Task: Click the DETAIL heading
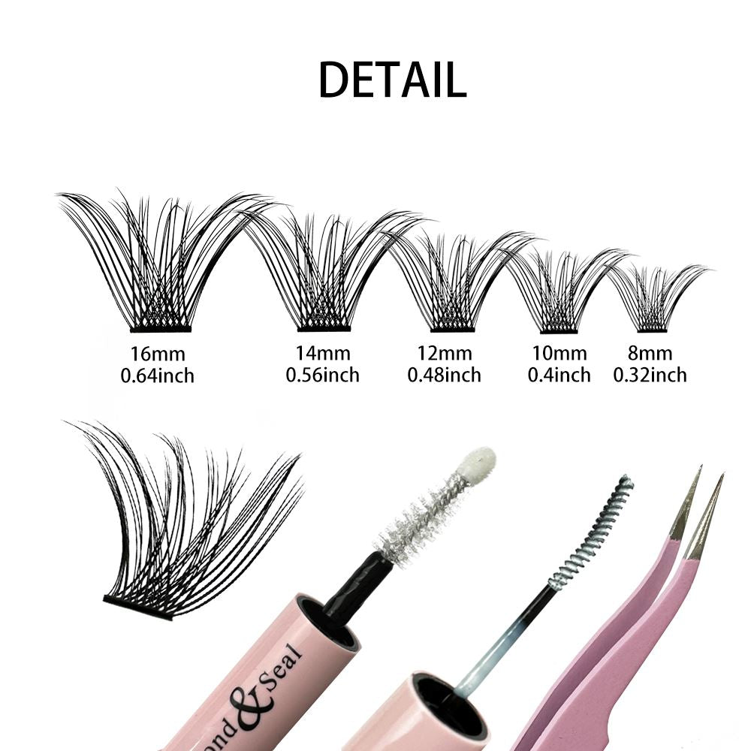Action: coord(392,80)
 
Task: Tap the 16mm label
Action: coord(158,354)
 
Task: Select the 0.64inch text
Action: coord(157,375)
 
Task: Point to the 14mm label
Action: coord(323,354)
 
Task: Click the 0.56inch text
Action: coord(323,375)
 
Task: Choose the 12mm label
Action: coord(445,354)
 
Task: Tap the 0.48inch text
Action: coord(445,375)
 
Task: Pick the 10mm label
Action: coord(559,354)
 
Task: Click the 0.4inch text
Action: coord(559,375)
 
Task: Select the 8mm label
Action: coord(650,354)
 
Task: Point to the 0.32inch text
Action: coord(650,375)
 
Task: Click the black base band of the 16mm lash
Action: coord(161,330)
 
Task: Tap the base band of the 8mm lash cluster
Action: coord(652,330)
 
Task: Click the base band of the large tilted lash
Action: coord(138,608)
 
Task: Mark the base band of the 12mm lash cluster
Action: coord(453,330)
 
